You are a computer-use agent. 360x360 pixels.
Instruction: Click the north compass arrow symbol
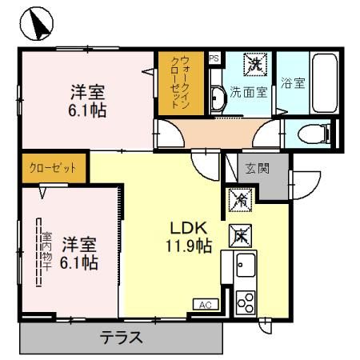[x=33, y=24]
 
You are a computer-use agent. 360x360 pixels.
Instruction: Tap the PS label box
[x=213, y=58]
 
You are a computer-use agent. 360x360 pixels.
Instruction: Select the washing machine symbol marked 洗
[x=254, y=62]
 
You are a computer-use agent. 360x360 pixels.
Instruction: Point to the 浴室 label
[x=293, y=82]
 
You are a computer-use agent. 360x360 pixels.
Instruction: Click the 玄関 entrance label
[x=257, y=168]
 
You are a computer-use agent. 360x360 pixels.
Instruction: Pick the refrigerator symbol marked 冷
[x=238, y=200]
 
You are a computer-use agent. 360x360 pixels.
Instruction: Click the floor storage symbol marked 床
[x=239, y=235]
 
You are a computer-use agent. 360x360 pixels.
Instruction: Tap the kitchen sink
[x=244, y=264]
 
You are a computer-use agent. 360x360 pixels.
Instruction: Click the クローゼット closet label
[x=53, y=168]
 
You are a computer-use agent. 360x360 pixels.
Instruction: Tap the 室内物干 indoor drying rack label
[x=46, y=253]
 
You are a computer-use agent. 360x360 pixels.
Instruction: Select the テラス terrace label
[x=121, y=338]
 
